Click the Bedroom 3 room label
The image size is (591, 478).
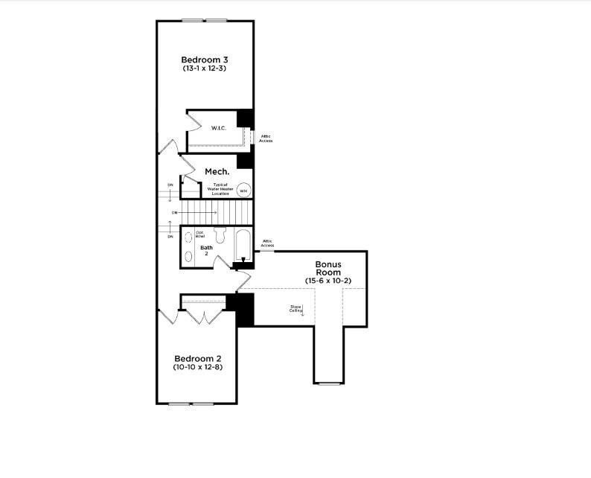(205, 59)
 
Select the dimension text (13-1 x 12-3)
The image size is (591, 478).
(205, 68)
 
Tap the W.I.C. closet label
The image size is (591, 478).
(218, 128)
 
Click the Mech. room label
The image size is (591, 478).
(217, 171)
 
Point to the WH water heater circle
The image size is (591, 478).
(243, 191)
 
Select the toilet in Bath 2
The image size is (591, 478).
(219, 235)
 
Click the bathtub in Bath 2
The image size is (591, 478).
(243, 245)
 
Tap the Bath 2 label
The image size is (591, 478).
(206, 250)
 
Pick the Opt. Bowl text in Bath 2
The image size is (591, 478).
(200, 235)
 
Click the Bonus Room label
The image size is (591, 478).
(328, 268)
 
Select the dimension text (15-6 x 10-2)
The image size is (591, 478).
(328, 281)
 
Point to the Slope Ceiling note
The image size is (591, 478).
(295, 308)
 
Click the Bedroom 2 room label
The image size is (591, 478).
(197, 358)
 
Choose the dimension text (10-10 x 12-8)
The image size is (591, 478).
(197, 368)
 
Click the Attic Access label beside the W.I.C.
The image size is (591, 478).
(266, 138)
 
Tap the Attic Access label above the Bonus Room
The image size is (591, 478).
(267, 243)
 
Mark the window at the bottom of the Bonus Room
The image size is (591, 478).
(328, 383)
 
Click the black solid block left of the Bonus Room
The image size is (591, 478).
(244, 309)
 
